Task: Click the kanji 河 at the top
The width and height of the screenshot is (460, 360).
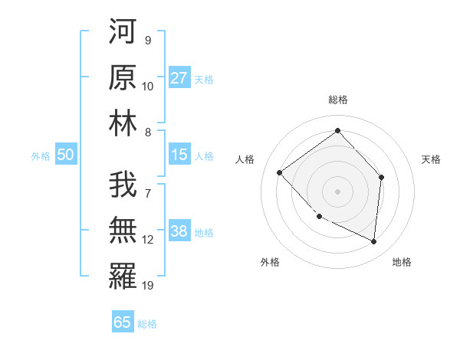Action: [123, 31]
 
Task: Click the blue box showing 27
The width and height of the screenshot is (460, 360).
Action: [179, 78]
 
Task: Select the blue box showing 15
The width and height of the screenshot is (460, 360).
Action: [179, 155]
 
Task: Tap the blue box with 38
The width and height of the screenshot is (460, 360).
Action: [179, 231]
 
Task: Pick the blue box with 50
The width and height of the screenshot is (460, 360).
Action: [65, 155]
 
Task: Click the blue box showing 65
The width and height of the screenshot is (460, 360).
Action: [123, 322]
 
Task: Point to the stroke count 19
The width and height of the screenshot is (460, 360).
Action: [148, 286]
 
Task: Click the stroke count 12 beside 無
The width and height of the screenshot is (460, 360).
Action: [148, 240]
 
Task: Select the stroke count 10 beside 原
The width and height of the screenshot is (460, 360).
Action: [148, 87]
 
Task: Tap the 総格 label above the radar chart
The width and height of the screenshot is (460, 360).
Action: [337, 100]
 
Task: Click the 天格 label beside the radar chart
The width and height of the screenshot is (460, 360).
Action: [432, 159]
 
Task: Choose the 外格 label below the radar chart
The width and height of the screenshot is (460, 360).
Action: [270, 262]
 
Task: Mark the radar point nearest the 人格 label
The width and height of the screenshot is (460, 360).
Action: [280, 172]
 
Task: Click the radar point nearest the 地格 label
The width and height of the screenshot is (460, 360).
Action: [373, 241]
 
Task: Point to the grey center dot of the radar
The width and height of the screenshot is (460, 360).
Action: [337, 191]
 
